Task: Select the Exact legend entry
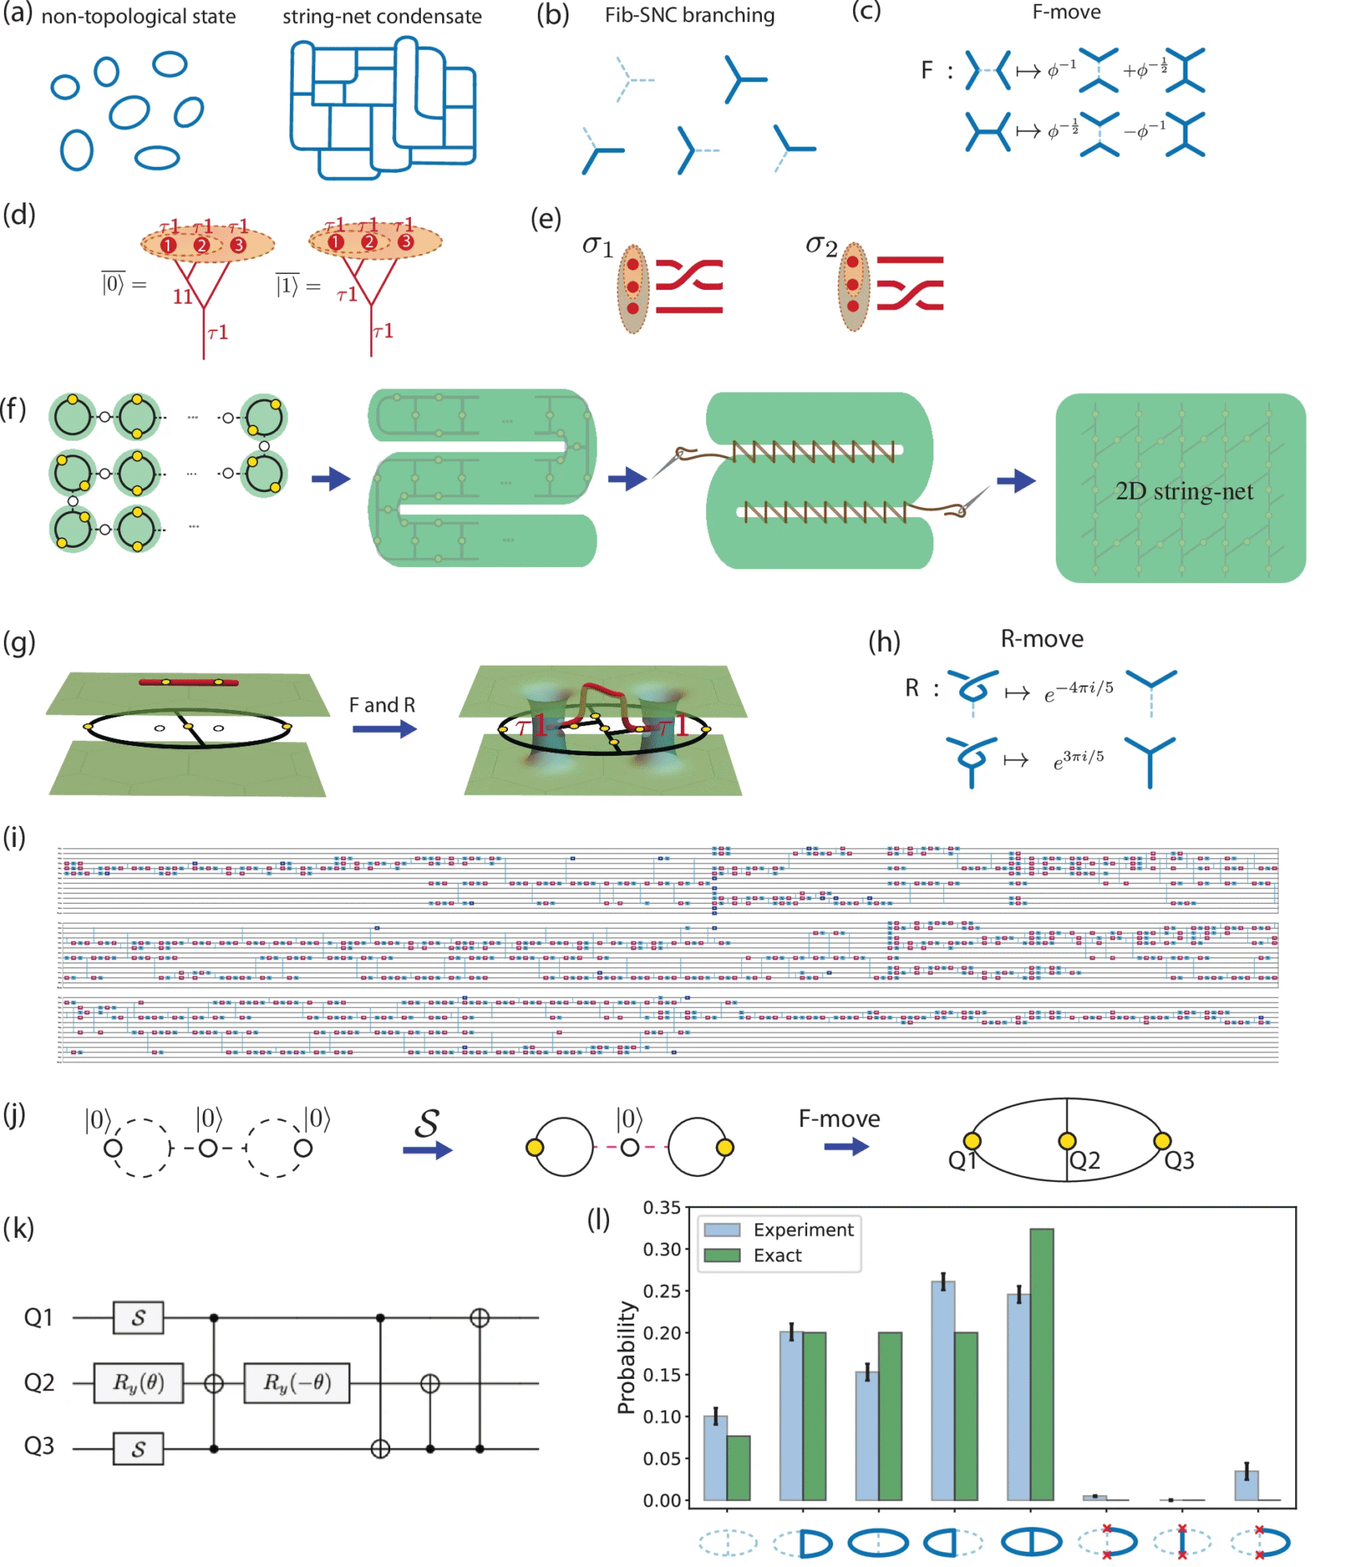777,1256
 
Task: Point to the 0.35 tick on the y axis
661,1208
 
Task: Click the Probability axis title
627,1357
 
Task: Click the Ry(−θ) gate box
296,1383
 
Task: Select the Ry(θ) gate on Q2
138,1383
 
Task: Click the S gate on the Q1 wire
138,1318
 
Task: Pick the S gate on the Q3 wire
138,1448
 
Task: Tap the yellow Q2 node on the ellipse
1066,1141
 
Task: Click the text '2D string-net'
1184,491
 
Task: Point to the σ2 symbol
821,245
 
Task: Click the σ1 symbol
597,246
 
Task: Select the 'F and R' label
382,705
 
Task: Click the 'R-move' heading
1041,639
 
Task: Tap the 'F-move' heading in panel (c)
1066,12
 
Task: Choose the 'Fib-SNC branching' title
689,15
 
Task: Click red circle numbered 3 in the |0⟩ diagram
238,245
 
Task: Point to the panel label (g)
19,643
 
